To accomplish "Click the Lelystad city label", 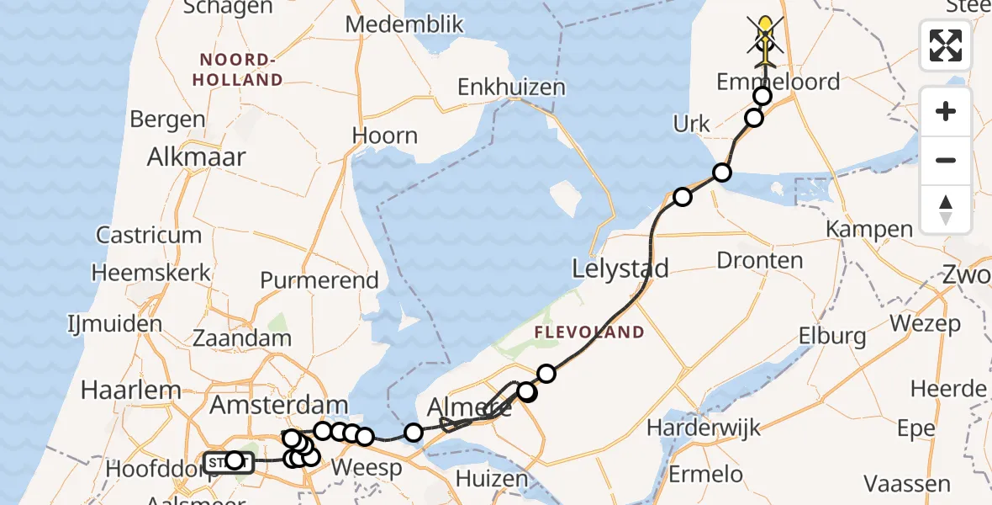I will (620, 269).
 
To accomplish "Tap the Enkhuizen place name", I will (511, 88).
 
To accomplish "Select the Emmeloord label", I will (778, 82).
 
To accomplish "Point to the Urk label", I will (692, 124).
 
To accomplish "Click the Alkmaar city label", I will (196, 157).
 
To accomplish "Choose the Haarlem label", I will (131, 390).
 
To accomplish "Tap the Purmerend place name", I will (319, 280).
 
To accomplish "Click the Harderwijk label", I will (704, 428).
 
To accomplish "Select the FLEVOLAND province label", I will (589, 332).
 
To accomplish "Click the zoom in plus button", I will (946, 111).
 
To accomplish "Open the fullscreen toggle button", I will (946, 45).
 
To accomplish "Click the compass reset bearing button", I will (946, 209).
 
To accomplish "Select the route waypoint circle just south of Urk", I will (722, 173).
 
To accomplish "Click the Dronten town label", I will (760, 261).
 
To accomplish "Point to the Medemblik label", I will (404, 24).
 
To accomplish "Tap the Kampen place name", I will (869, 229).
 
